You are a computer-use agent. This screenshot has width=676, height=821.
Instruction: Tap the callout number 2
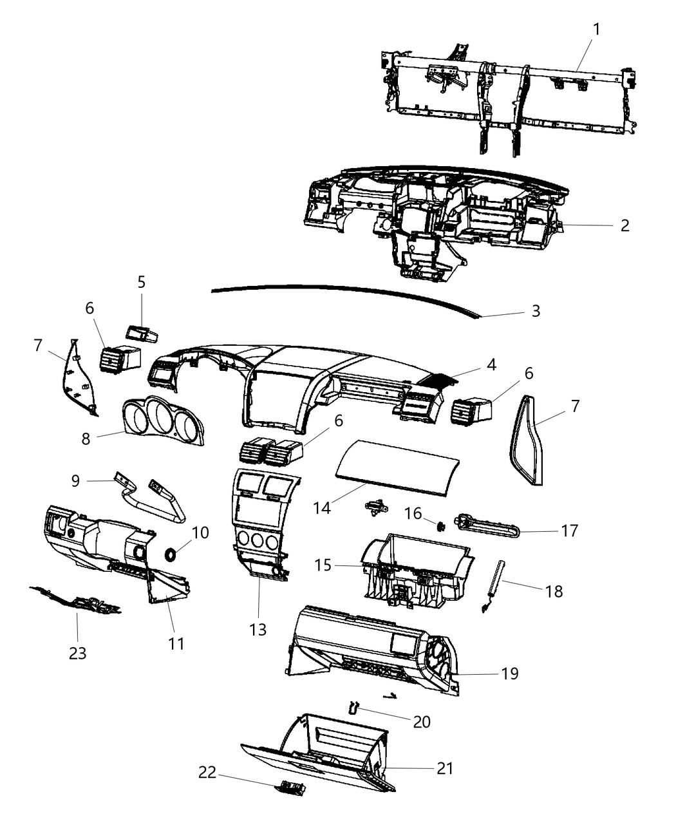624,225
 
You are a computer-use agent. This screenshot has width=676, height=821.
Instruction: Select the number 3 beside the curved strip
535,311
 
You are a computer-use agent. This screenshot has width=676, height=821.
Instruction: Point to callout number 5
141,282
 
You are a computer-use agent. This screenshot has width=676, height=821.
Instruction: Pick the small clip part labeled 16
441,527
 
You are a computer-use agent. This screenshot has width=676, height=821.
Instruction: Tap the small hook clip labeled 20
352,708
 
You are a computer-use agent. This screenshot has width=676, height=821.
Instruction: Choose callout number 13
258,628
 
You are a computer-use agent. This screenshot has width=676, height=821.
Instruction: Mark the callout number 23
77,653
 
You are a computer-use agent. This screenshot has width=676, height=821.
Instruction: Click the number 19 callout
509,674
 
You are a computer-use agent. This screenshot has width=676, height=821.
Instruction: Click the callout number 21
445,768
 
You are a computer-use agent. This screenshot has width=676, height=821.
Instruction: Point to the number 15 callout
323,565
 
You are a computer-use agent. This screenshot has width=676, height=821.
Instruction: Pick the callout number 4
491,364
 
